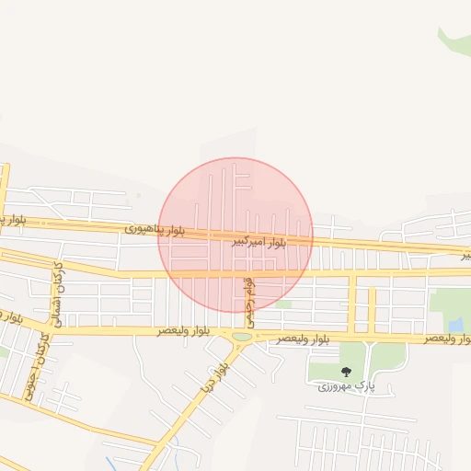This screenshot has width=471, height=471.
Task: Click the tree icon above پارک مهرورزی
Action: [346, 372]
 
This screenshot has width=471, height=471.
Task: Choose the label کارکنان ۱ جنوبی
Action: [40, 367]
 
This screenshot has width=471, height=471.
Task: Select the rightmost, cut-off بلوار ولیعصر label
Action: [447, 339]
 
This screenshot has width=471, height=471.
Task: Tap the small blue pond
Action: [455, 324]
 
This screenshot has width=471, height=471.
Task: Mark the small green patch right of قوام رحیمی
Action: [282, 304]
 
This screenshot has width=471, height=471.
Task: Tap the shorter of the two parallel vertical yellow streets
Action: [372, 310]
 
